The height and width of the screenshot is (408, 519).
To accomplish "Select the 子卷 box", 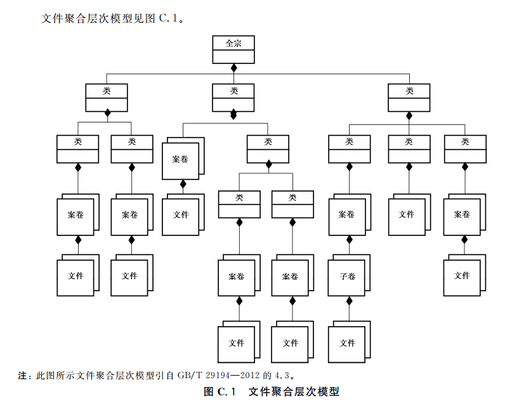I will (347, 277).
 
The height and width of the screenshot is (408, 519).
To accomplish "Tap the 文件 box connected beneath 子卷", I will (347, 343).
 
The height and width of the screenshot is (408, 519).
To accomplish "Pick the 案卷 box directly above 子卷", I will (347, 214).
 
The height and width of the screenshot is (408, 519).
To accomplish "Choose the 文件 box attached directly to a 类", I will (407, 214).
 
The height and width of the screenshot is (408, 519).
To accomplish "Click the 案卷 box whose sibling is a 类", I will (180, 159).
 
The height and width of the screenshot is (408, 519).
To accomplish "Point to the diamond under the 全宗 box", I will (233, 67).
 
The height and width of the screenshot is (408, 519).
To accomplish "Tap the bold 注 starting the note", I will (23, 375).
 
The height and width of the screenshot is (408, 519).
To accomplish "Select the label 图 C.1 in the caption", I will (220, 392).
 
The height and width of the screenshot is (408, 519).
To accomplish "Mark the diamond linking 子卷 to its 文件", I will (349, 300).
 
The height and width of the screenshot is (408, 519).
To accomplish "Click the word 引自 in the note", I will (166, 375).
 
